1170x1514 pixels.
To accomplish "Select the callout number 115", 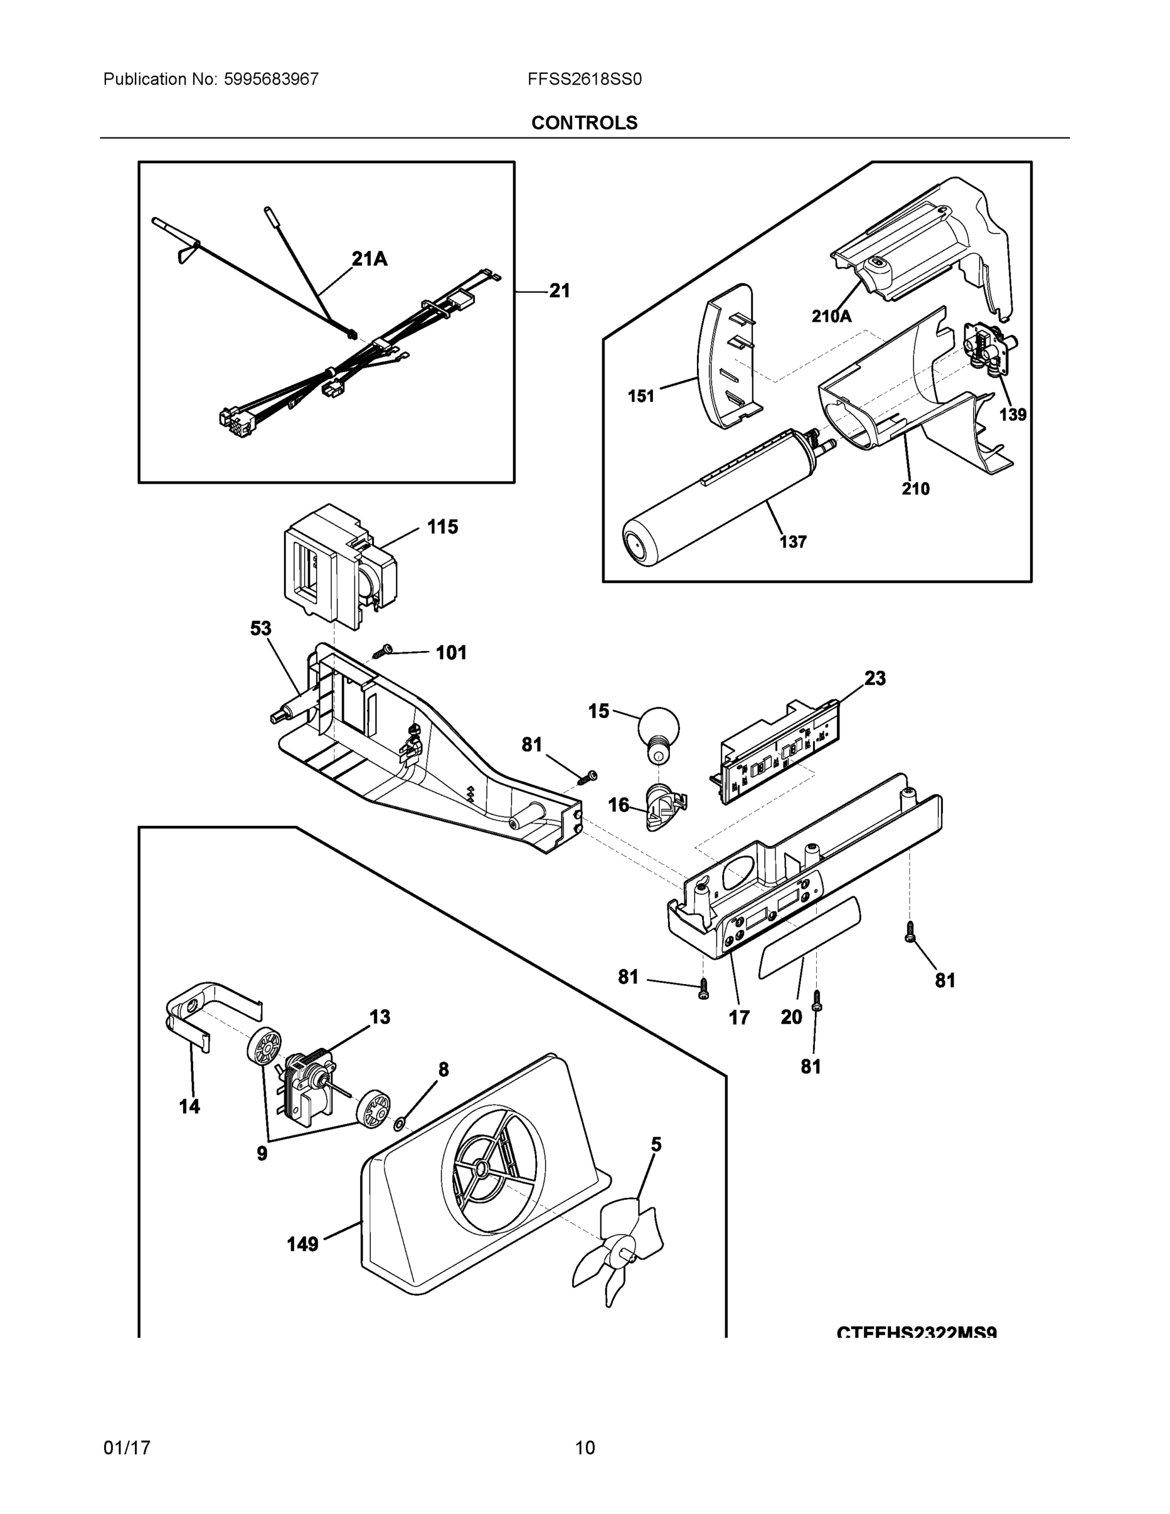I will click(442, 527).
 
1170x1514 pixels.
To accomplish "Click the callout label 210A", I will click(831, 316).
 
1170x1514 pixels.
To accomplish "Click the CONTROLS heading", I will click(584, 123).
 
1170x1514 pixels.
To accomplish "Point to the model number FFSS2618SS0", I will click(584, 79).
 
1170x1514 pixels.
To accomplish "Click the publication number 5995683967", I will click(271, 79).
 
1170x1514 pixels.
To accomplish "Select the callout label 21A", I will click(370, 259).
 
